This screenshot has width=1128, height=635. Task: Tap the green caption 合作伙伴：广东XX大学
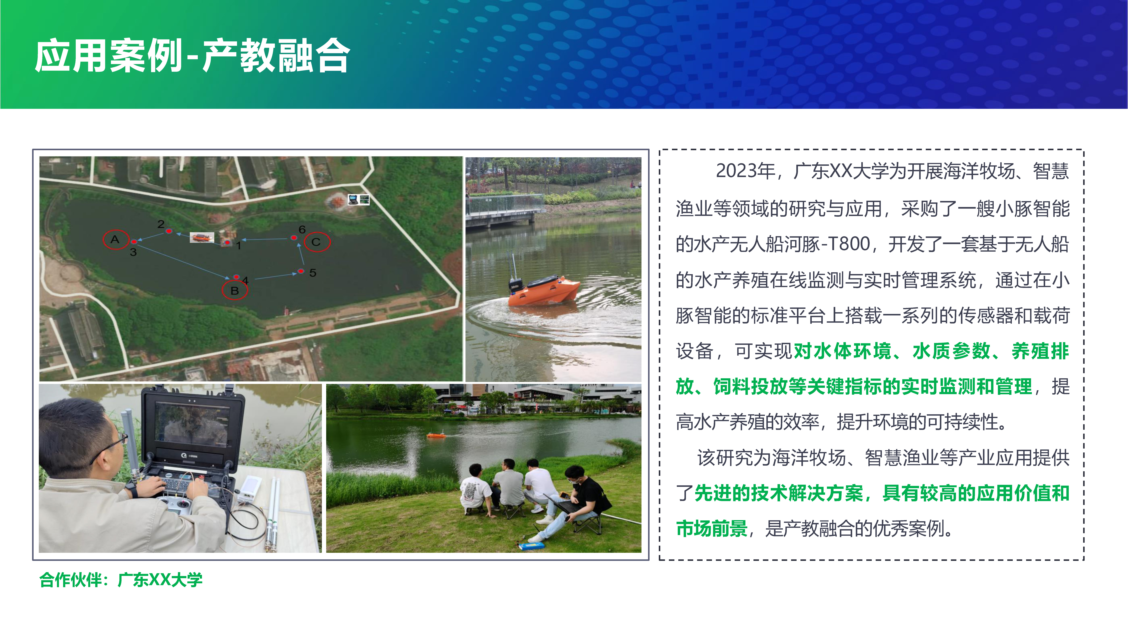tap(121, 580)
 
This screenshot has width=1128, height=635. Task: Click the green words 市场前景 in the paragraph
tap(712, 529)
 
